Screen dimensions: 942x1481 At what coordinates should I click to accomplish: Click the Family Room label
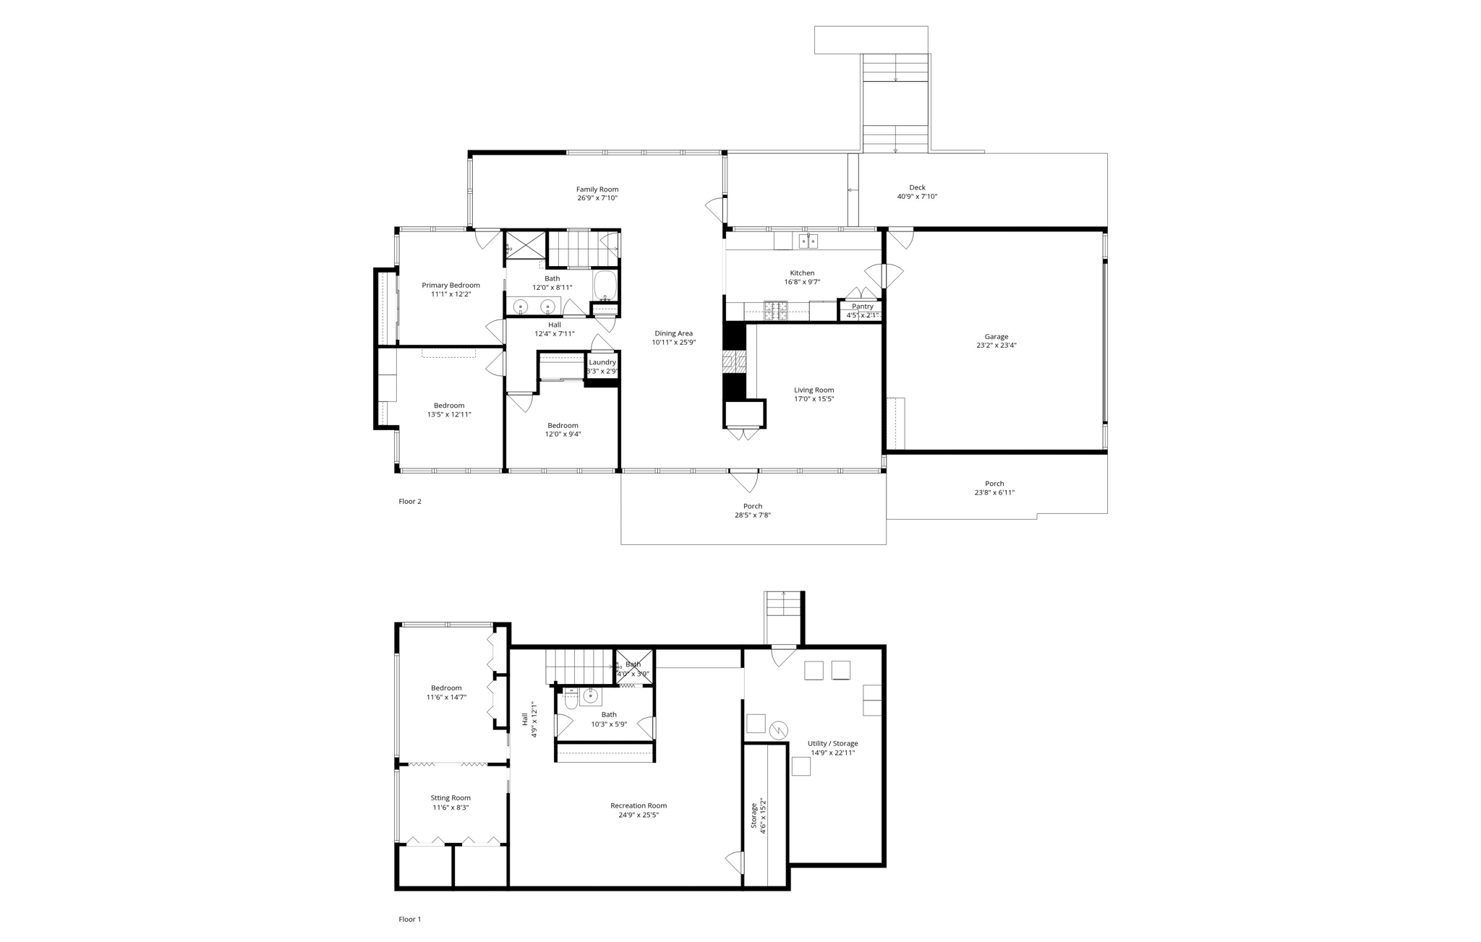[x=597, y=189]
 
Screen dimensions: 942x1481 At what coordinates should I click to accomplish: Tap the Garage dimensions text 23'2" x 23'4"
[x=996, y=346]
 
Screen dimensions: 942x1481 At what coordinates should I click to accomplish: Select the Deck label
[x=917, y=187]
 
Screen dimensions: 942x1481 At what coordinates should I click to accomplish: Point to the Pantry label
[x=862, y=307]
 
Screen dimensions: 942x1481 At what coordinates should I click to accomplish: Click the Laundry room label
[x=602, y=362]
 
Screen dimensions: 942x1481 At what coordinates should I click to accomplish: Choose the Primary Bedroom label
[x=451, y=286]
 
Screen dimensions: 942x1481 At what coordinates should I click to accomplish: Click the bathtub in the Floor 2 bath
[x=605, y=286]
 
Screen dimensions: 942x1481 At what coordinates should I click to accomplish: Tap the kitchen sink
[x=808, y=241]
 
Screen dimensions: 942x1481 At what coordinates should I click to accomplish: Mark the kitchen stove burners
[x=776, y=310]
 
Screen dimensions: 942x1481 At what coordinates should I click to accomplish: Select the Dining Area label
[x=673, y=333]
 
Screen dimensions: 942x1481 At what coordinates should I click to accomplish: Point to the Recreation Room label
[x=639, y=805]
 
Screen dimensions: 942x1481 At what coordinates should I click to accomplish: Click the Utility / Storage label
[x=833, y=743]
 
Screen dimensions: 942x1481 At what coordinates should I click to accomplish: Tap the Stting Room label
[x=451, y=798]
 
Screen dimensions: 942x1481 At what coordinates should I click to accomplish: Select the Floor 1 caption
[x=409, y=920]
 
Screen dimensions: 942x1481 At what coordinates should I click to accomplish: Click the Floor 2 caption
[x=409, y=502]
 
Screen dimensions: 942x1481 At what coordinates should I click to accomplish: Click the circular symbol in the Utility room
[x=779, y=730]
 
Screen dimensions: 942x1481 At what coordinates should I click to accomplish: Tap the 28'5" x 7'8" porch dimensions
[x=753, y=515]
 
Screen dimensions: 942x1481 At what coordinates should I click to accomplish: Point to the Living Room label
[x=814, y=390]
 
